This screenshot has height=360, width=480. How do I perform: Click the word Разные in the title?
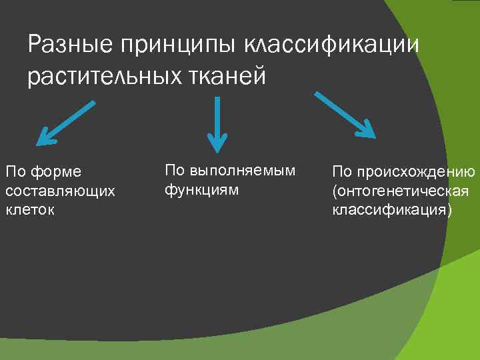coord(71,46)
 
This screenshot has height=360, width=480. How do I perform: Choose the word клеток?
coord(29,209)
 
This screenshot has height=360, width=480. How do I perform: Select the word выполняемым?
coord(243,171)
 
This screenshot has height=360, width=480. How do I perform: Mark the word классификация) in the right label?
coord(392,210)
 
